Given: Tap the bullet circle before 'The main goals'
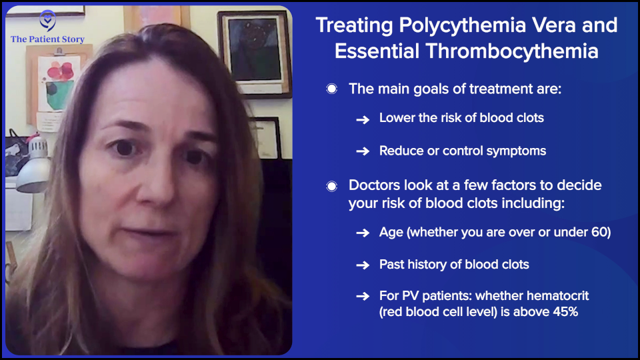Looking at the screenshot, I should tap(331, 89).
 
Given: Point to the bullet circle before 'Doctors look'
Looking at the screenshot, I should tap(331, 186).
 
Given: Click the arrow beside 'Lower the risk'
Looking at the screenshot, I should tap(363, 119).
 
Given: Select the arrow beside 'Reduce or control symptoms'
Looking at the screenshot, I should tap(363, 151).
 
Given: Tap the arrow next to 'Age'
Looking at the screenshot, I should tap(363, 233).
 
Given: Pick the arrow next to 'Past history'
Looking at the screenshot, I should tap(363, 265).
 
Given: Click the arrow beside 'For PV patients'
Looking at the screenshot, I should tap(363, 296).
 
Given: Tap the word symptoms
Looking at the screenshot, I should tap(515, 151).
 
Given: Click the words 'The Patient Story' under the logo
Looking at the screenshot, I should tap(47, 39).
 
